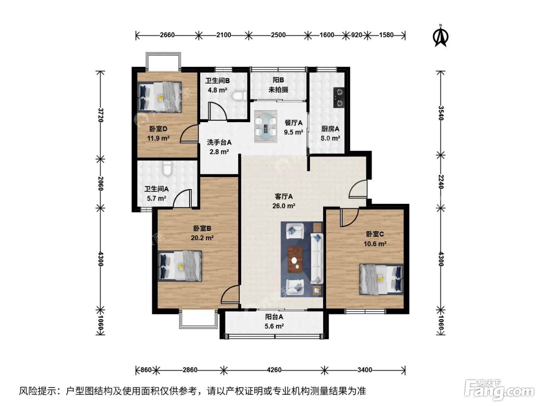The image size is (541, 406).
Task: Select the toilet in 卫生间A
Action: [168, 168]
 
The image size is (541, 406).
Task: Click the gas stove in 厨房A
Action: [339, 97]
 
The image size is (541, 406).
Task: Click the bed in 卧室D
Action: [160, 97]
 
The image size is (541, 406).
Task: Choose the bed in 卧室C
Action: [381, 279]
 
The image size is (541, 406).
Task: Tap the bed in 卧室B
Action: [180, 266]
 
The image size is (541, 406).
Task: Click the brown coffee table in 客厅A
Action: [295, 259]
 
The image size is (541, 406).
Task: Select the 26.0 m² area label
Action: [284, 206]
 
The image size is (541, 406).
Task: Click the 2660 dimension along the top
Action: [167, 35]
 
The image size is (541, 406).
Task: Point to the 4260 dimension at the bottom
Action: [274, 370]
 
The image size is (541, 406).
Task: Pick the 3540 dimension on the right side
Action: [441, 113]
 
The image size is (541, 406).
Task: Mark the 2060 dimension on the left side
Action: [100, 183]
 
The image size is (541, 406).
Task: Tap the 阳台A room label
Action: [274, 317]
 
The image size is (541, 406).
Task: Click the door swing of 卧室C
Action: [349, 217]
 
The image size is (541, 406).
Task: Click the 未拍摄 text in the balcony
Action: [278, 89]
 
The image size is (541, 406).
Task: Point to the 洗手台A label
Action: [219, 142]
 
